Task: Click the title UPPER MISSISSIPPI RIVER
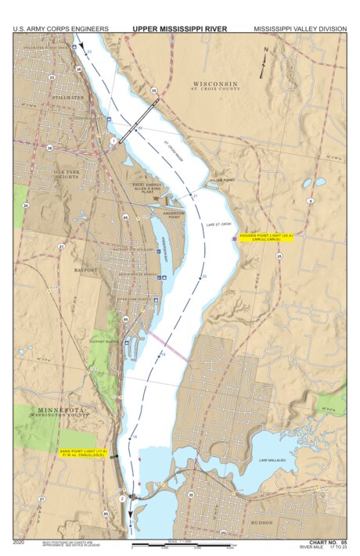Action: tap(179, 28)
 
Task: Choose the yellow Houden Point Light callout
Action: tap(265, 237)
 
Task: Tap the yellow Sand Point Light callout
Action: tap(85, 453)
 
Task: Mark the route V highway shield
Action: tap(311, 201)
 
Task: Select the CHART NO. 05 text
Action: tap(327, 542)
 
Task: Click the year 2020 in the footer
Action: tap(20, 542)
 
